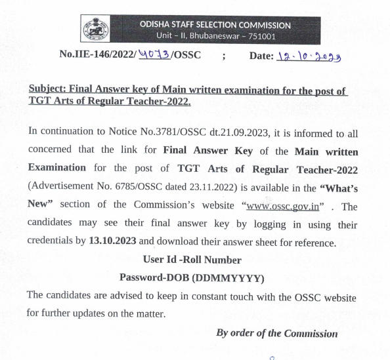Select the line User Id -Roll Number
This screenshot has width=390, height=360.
coord(192,259)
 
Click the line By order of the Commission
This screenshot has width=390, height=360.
coord(276,333)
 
